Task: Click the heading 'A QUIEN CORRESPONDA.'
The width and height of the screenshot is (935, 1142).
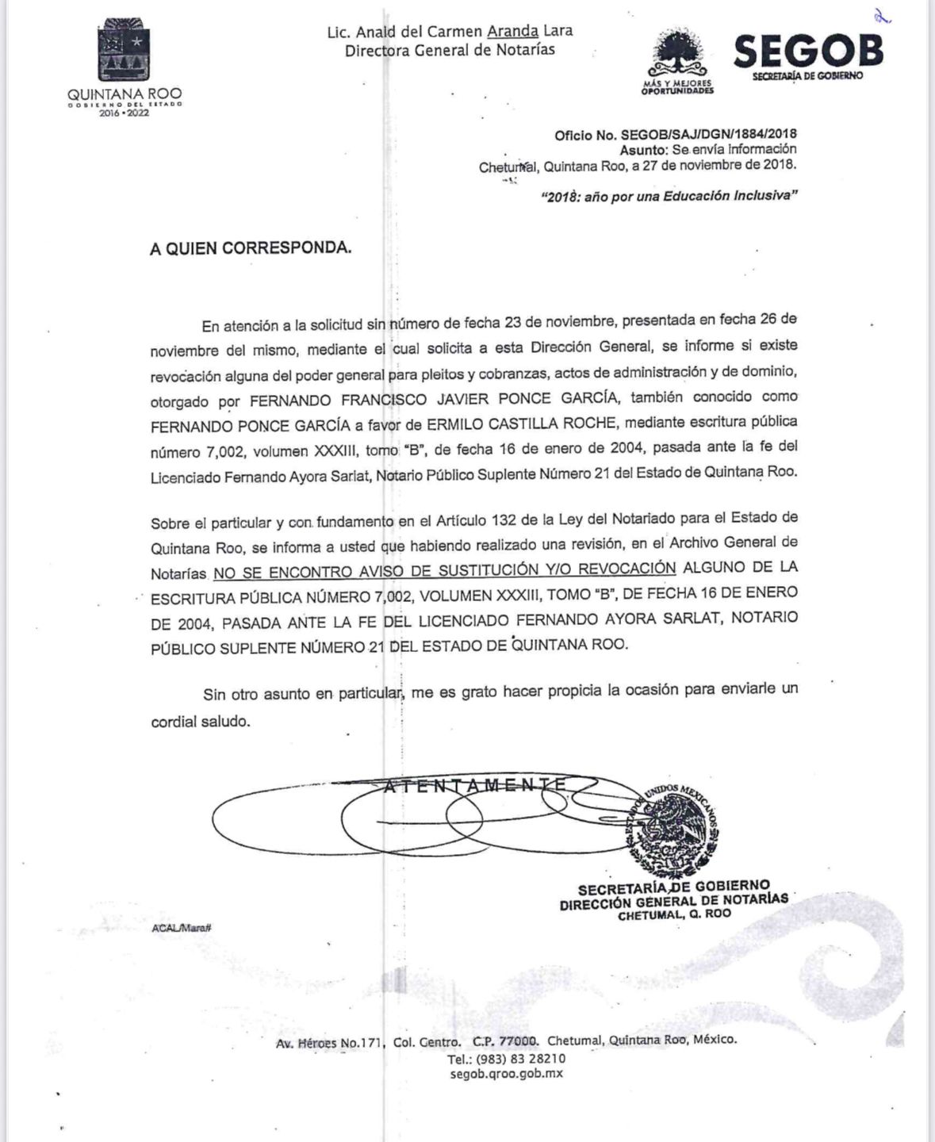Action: tap(251, 248)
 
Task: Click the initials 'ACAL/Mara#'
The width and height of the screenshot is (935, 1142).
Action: tap(182, 927)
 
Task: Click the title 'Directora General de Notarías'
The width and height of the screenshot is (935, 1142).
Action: tap(450, 50)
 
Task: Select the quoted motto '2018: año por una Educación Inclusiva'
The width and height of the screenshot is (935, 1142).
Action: tap(669, 196)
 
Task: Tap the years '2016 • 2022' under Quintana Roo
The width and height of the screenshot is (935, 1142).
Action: tap(124, 113)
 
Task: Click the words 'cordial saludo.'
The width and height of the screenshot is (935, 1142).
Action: tap(201, 722)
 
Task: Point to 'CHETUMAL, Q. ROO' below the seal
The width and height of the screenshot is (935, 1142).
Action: tap(675, 914)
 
